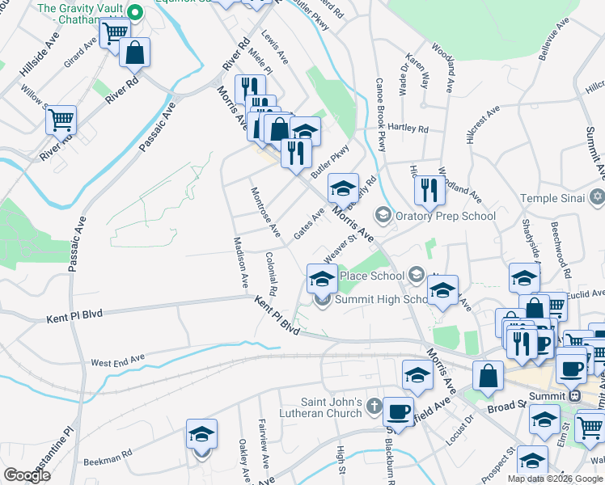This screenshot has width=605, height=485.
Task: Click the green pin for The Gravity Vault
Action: [x=136, y=12]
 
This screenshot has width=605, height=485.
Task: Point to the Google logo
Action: [x=27, y=474]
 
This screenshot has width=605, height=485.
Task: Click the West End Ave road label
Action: [x=117, y=360]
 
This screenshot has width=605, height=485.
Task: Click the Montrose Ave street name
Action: [x=265, y=213]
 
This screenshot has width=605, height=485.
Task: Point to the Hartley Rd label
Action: [x=408, y=129]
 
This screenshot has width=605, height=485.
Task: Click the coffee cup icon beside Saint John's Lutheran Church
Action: [x=398, y=410]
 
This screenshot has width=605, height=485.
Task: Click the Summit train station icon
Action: [x=575, y=396]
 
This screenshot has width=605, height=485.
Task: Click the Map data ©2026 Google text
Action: [x=555, y=479]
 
